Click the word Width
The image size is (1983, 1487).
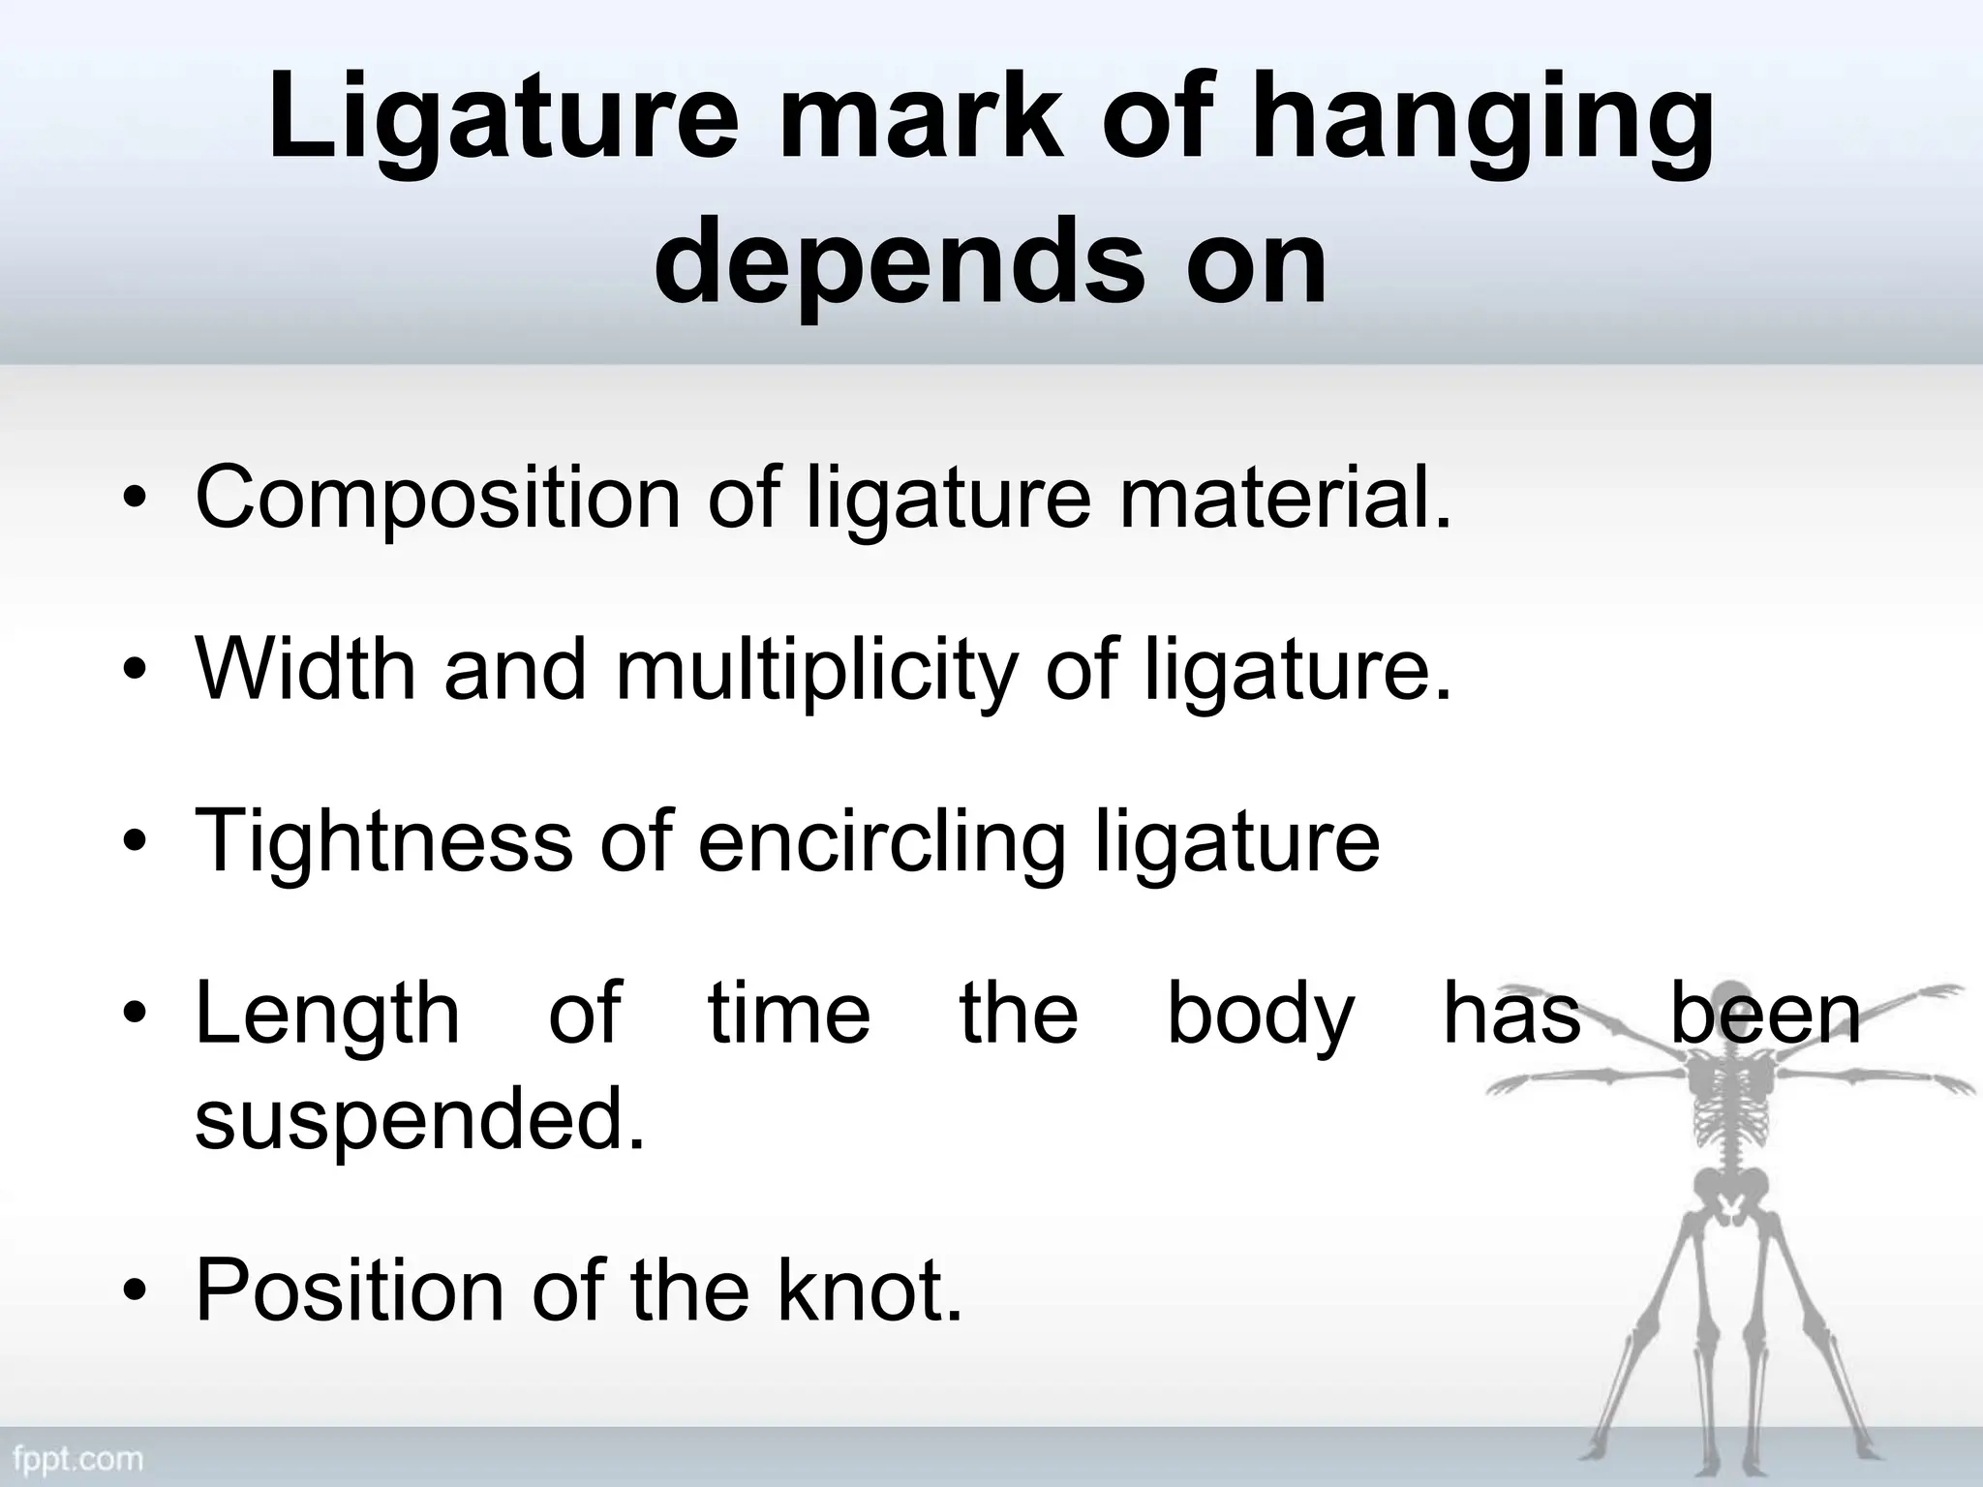click(x=306, y=669)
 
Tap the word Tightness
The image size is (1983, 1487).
click(x=383, y=841)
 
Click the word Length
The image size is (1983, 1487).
click(x=327, y=1014)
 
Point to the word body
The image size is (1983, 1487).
click(x=1260, y=1016)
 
